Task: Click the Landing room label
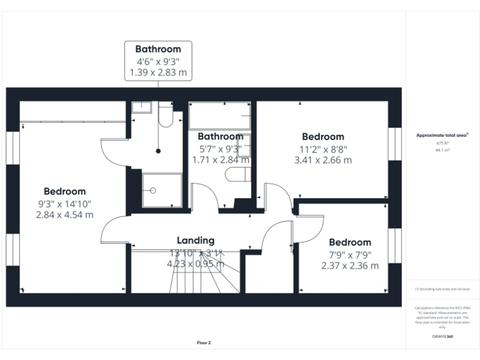[196, 240]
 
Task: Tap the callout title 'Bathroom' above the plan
[158, 49]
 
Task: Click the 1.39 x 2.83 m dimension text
[158, 72]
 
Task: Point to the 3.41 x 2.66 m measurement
[322, 159]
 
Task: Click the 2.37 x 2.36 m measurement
[350, 266]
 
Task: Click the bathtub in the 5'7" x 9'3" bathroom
[219, 116]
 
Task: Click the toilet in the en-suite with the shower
[166, 116]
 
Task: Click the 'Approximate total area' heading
[442, 135]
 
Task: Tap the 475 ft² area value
[442, 144]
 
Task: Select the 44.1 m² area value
[442, 150]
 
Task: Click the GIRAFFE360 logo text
[442, 337]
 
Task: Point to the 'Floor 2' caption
[204, 342]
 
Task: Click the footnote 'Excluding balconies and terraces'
[442, 289]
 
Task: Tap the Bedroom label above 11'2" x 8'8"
[322, 136]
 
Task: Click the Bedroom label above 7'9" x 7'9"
[350, 242]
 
